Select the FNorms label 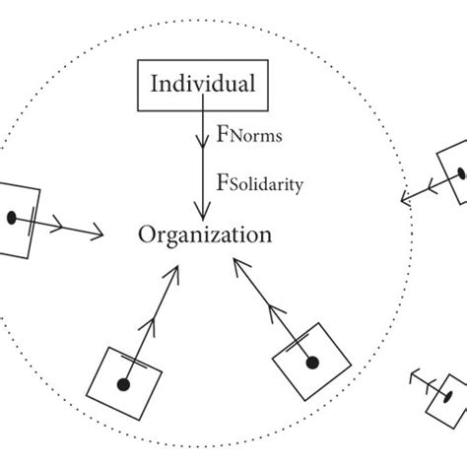(x=247, y=139)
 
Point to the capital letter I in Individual (x=155, y=85)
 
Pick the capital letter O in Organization (x=147, y=235)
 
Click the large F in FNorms (x=222, y=138)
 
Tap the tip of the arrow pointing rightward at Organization (x=104, y=234)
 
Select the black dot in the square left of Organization (x=12, y=216)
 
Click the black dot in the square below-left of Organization (x=124, y=383)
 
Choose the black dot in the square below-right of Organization (x=311, y=364)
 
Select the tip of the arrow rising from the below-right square (x=234, y=261)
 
